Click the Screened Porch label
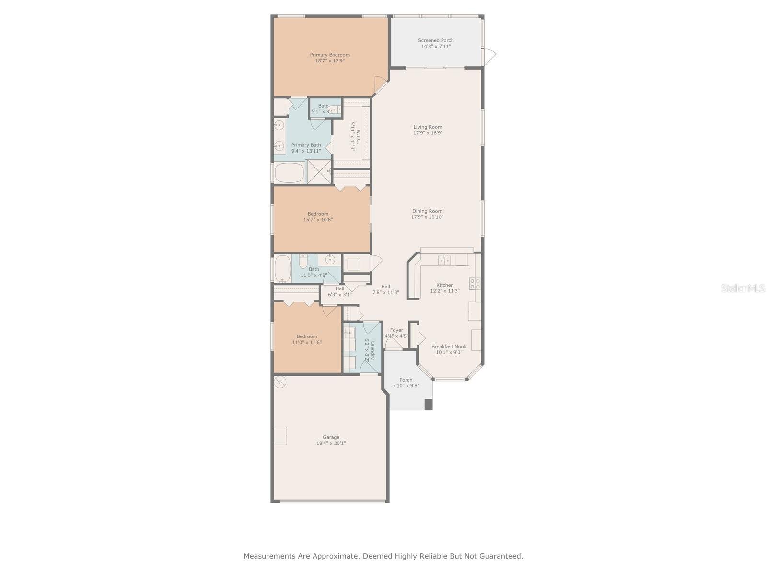pyautogui.click(x=436, y=40)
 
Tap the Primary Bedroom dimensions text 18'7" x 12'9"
pyautogui.click(x=330, y=61)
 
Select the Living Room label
pyautogui.click(x=428, y=127)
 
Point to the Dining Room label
pyautogui.click(x=427, y=211)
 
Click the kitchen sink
pyautogui.click(x=444, y=260)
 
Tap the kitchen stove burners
pyautogui.click(x=475, y=284)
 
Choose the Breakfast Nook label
pyautogui.click(x=449, y=347)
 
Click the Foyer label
pyautogui.click(x=396, y=330)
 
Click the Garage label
pyautogui.click(x=331, y=437)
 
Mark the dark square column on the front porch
pyautogui.click(x=429, y=405)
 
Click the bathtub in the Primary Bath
pyautogui.click(x=289, y=173)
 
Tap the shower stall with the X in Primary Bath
pyautogui.click(x=318, y=172)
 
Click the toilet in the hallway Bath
pyautogui.click(x=303, y=262)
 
